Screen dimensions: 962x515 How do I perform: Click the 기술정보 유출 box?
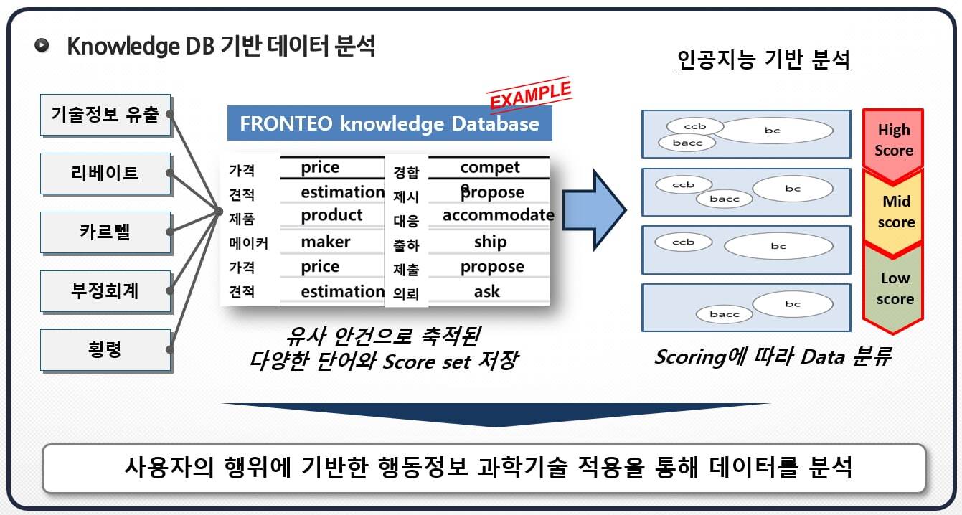pyautogui.click(x=106, y=115)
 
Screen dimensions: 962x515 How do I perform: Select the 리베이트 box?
pyautogui.click(x=106, y=174)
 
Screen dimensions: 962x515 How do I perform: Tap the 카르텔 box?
pyautogui.click(x=106, y=233)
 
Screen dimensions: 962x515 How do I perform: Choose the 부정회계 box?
pyautogui.click(x=106, y=292)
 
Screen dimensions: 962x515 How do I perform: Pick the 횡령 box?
pyautogui.click(x=106, y=351)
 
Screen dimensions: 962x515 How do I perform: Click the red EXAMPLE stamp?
pyautogui.click(x=530, y=95)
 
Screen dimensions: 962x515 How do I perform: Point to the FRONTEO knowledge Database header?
pyautogui.click(x=390, y=123)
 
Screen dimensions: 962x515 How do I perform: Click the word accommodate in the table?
pyautogui.click(x=498, y=214)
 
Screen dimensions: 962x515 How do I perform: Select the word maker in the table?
pyautogui.click(x=326, y=242)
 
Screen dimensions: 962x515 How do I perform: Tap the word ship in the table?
pyautogui.click(x=491, y=242)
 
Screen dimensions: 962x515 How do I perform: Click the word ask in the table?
pyautogui.click(x=487, y=292)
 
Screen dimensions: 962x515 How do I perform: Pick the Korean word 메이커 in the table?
pyautogui.click(x=248, y=244)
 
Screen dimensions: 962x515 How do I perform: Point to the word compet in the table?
pyautogui.click(x=490, y=168)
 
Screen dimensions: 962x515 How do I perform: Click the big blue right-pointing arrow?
pyautogui.click(x=595, y=210)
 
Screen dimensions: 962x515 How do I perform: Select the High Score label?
pyautogui.click(x=894, y=140)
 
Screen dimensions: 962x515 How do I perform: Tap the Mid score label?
pyautogui.click(x=896, y=212)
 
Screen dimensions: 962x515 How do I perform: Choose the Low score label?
pyautogui.click(x=895, y=288)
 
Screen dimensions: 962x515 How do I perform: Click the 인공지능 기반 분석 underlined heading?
pyautogui.click(x=763, y=60)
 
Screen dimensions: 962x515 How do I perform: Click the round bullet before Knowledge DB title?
pyautogui.click(x=42, y=45)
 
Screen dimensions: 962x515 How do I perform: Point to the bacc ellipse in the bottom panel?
pyautogui.click(x=724, y=314)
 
